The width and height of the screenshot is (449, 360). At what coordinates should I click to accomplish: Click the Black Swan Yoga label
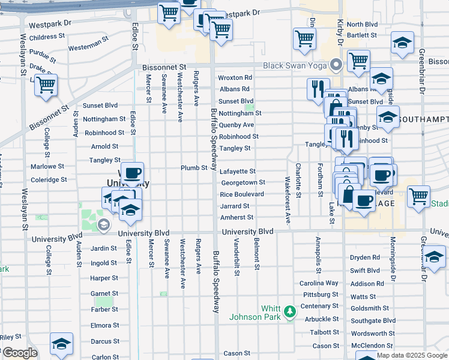click(295, 65)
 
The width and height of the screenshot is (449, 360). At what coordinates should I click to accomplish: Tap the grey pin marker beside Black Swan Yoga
click(336, 65)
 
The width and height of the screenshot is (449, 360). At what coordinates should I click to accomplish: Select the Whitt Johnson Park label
click(262, 313)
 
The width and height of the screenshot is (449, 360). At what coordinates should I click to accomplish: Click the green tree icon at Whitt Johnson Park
click(290, 311)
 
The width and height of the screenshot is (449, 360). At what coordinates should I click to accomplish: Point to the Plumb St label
click(194, 168)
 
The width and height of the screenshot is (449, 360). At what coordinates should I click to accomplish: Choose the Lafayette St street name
click(238, 172)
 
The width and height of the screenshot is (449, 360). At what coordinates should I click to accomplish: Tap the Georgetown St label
click(243, 182)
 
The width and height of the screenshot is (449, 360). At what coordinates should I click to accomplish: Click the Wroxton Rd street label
click(235, 78)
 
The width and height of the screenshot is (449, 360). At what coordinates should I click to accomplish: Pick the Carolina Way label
click(319, 283)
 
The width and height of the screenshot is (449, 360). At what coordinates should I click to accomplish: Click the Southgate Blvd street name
click(373, 321)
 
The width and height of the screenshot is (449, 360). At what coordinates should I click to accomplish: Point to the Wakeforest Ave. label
click(288, 202)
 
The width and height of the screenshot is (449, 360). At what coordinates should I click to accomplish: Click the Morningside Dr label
click(394, 259)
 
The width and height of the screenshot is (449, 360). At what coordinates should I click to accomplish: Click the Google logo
click(19, 353)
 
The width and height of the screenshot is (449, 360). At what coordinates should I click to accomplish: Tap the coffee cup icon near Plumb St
click(132, 172)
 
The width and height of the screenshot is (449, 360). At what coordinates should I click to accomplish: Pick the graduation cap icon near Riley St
click(61, 344)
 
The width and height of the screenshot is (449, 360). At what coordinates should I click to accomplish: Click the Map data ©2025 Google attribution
click(411, 355)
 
